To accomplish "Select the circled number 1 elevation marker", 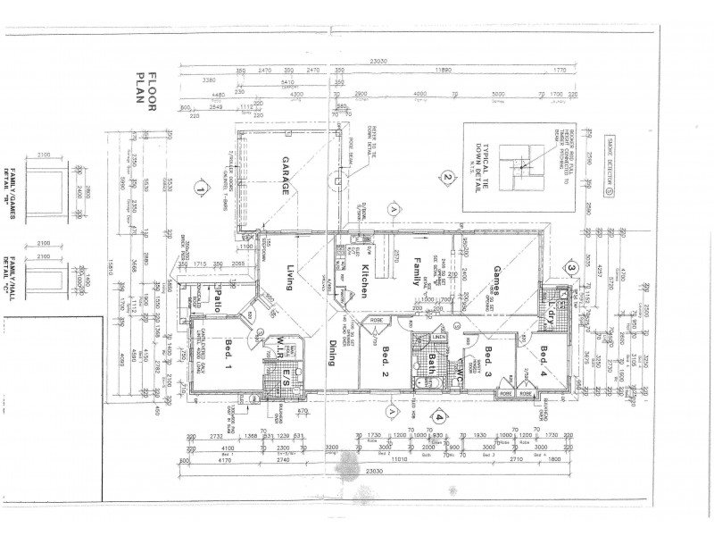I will (x=203, y=188).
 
